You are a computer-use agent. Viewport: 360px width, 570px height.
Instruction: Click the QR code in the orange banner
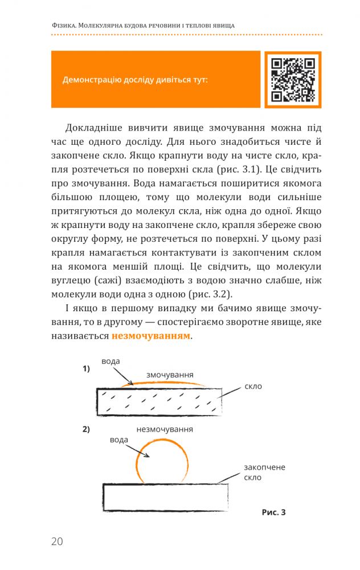coord(293,79)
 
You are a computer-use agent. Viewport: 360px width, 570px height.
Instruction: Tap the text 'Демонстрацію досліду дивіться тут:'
coord(135,79)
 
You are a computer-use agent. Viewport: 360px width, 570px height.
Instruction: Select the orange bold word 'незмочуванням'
coord(151,336)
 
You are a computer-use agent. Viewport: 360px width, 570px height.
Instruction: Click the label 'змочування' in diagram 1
coord(170,374)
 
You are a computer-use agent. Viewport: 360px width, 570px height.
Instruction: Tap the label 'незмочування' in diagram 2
coord(164,429)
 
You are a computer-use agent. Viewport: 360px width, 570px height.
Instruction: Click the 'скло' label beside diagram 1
coord(253,386)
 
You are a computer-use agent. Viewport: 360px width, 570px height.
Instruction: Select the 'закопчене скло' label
coord(264,472)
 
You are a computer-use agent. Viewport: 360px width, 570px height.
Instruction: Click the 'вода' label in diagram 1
coord(111,361)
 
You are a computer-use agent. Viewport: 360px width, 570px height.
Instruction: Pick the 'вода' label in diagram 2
coord(119,440)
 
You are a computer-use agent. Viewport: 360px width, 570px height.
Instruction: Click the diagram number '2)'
coord(87,429)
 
